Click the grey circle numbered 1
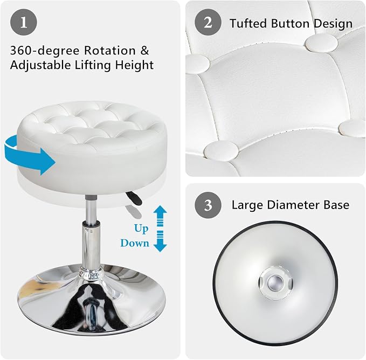(x=24, y=23)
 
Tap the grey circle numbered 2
(x=208, y=23)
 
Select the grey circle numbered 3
(x=208, y=205)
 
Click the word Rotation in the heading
(x=110, y=50)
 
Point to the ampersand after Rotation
(x=144, y=50)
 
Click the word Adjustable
(x=40, y=65)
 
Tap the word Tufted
(x=248, y=23)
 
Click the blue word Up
(x=141, y=229)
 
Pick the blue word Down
(x=135, y=243)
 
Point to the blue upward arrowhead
(x=160, y=210)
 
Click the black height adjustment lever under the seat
(x=134, y=198)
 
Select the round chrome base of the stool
(x=92, y=299)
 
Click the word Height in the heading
(x=134, y=65)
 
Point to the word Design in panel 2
(x=333, y=24)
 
